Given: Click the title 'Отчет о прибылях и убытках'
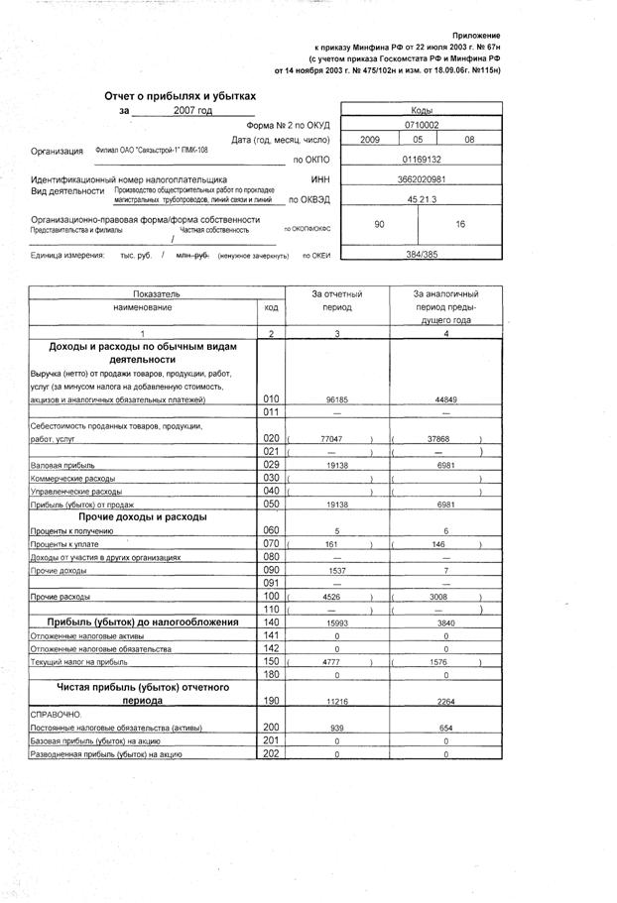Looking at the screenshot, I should (x=180, y=95).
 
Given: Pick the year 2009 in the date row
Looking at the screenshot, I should (x=370, y=140).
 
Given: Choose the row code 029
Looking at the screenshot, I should (x=271, y=464).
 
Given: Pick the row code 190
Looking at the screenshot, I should (x=271, y=699).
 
